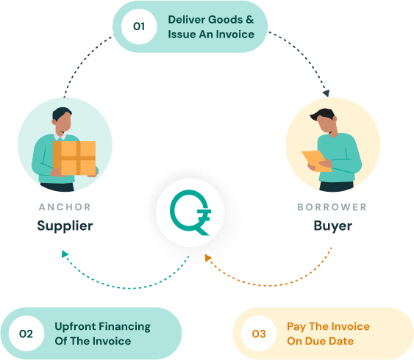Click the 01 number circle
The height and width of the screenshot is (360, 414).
pyautogui.click(x=139, y=26)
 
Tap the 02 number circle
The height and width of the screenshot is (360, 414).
pyautogui.click(x=26, y=334)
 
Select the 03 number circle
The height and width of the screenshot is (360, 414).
pyautogui.click(x=259, y=334)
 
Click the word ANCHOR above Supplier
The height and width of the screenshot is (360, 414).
pyautogui.click(x=65, y=207)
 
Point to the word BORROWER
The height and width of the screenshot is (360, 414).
pyautogui.click(x=332, y=207)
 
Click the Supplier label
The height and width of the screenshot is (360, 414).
pyautogui.click(x=65, y=226)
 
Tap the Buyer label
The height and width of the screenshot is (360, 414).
pyautogui.click(x=333, y=226)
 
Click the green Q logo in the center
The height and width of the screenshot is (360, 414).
pyautogui.click(x=190, y=212)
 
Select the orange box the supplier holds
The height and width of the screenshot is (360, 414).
pyautogui.click(x=74, y=158)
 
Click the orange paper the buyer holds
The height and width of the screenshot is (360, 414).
pyautogui.click(x=316, y=161)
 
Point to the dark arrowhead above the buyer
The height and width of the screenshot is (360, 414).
pyautogui.click(x=326, y=93)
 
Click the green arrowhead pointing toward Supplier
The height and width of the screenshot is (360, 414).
pyautogui.click(x=65, y=254)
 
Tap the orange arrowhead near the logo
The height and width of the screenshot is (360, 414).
pyautogui.click(x=208, y=258)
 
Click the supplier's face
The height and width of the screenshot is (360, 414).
pyautogui.click(x=63, y=121)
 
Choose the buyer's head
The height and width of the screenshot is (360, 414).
pyautogui.click(x=324, y=121)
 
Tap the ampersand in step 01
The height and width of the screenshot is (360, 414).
pyautogui.click(x=249, y=20)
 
